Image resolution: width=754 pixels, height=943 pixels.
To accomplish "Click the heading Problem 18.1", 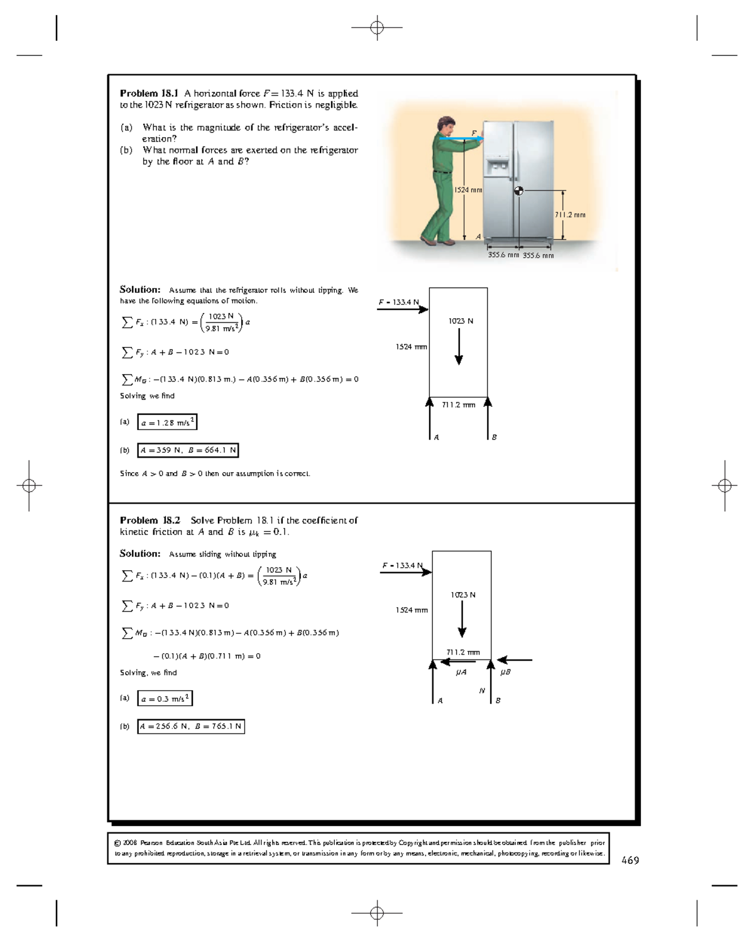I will tap(149, 94).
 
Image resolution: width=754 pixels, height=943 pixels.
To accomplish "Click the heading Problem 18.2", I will tap(150, 521).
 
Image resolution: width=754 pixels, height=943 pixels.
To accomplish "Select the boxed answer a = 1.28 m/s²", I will tap(167, 422).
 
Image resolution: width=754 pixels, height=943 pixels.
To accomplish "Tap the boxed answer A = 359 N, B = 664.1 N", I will tap(188, 450).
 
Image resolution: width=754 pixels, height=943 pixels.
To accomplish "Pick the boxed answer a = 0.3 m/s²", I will tap(165, 698).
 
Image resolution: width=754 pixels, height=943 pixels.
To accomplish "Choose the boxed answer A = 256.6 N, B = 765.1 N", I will tap(191, 727).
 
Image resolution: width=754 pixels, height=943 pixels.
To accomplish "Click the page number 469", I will tap(630, 861).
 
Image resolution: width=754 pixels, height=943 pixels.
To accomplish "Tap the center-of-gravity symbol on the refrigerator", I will tap(518, 191).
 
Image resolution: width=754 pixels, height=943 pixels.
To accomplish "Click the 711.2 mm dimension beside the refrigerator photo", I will tap(570, 215).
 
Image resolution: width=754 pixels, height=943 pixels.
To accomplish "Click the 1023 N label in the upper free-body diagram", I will tap(461, 321).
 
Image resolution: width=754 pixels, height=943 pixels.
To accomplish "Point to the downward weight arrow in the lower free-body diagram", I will tap(462, 619).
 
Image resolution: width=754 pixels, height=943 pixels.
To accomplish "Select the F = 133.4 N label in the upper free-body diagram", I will tap(398, 302).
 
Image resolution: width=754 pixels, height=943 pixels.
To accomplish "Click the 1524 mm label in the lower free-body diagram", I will tap(412, 610).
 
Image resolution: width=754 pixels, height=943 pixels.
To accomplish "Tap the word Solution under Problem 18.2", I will tap(139, 554).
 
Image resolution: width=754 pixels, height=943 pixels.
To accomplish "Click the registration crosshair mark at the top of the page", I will tap(377, 28).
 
